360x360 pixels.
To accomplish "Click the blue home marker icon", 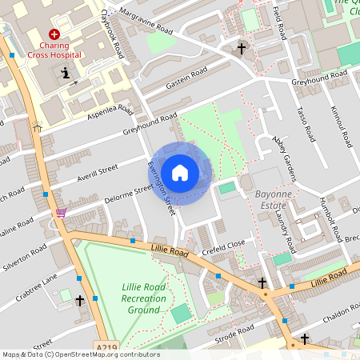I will tap(180, 172).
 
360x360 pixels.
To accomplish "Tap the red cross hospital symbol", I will tap(54, 34).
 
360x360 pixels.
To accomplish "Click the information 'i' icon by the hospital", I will tap(65, 74).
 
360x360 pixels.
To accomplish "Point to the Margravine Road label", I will tap(145, 22).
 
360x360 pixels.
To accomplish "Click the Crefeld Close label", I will tap(224, 246).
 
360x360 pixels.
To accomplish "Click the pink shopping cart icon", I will tap(61, 213).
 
